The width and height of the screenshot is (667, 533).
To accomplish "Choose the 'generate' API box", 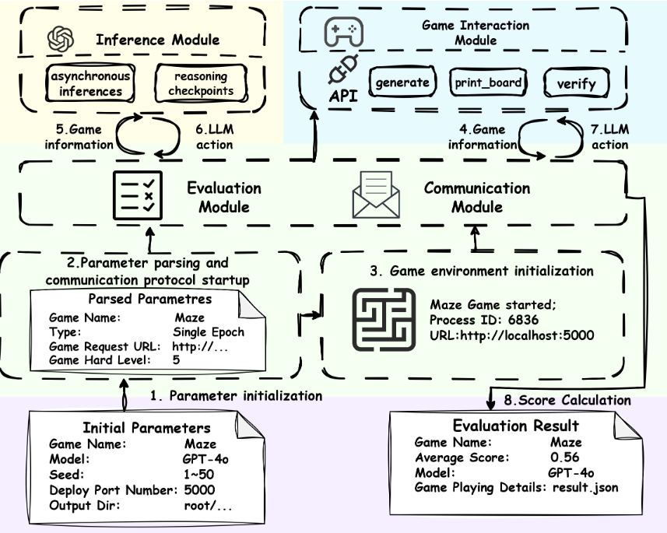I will (x=402, y=82).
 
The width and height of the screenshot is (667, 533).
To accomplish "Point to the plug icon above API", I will (x=339, y=73).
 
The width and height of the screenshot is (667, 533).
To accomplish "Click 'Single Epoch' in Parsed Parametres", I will (x=209, y=331).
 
